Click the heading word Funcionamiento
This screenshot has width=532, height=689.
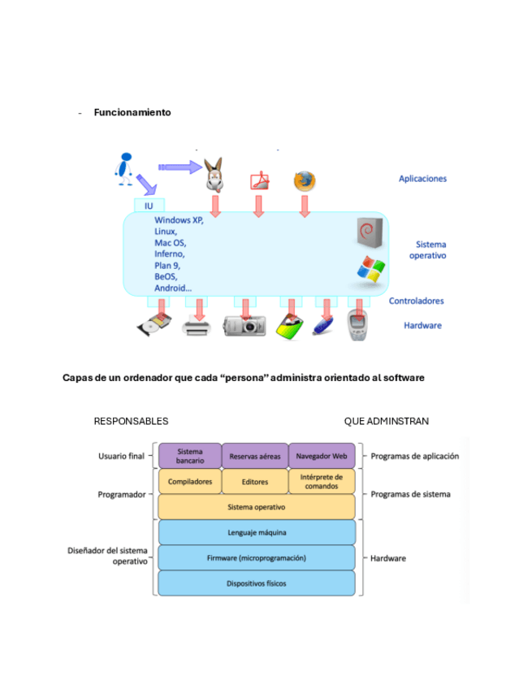tap(132, 112)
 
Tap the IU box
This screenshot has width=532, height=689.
tap(149, 206)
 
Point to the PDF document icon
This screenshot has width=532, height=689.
tap(259, 180)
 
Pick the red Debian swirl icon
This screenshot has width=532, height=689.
tap(369, 232)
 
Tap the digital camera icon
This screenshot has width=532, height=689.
tap(244, 327)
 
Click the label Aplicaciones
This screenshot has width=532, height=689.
tap(422, 179)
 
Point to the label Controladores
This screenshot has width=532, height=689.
tap(416, 301)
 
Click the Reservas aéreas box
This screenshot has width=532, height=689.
tap(255, 456)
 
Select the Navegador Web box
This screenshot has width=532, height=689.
tap(322, 456)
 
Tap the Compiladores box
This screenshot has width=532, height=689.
tap(190, 482)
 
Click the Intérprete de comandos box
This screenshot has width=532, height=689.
tap(322, 482)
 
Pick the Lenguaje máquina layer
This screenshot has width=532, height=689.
tap(256, 533)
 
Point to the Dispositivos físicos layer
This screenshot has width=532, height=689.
tap(256, 583)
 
